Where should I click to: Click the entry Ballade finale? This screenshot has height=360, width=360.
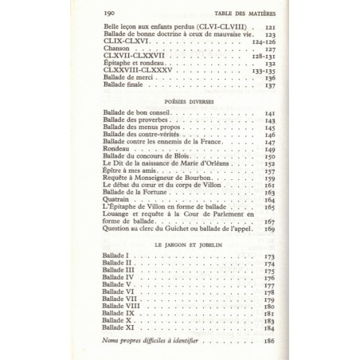pos(128,85)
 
